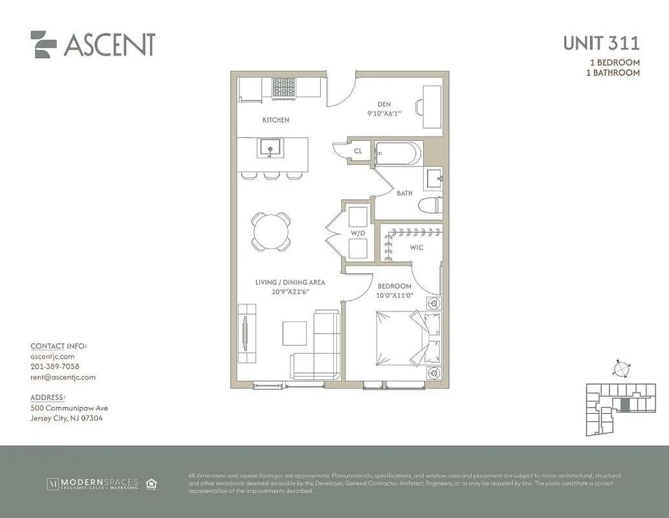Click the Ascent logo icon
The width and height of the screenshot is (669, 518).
43,44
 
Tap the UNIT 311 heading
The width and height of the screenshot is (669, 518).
601,43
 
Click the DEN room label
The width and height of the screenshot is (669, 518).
384,104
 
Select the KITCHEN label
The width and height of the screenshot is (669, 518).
276,120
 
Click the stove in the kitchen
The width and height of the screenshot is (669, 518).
283,87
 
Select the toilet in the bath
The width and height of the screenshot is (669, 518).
430,206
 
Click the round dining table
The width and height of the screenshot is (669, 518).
271,231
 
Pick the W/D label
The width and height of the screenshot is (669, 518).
357,233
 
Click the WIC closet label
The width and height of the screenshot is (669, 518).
417,247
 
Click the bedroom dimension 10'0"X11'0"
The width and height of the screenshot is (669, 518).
395,296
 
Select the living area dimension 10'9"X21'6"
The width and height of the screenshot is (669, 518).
289,291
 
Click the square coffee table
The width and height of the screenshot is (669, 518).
294,333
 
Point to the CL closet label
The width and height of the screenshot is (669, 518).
358,152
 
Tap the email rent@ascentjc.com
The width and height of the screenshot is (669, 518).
63,377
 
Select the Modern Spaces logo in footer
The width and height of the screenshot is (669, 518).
93,484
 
